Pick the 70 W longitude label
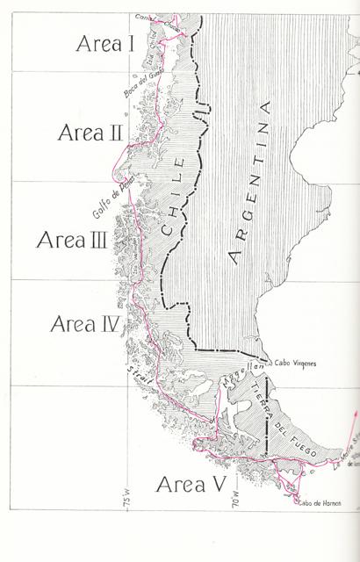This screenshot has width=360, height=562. click(234, 525)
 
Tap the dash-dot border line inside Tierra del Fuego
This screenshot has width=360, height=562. click(267, 421)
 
